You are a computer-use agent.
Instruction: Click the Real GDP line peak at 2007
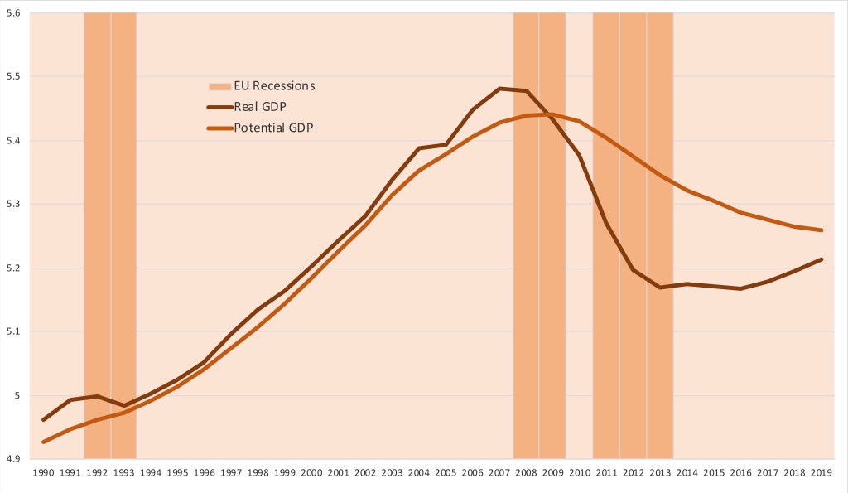point(499,88)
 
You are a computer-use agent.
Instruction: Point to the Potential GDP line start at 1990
point(43,442)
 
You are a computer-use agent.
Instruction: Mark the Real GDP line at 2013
point(660,287)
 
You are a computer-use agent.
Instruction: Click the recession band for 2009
point(552,249)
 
